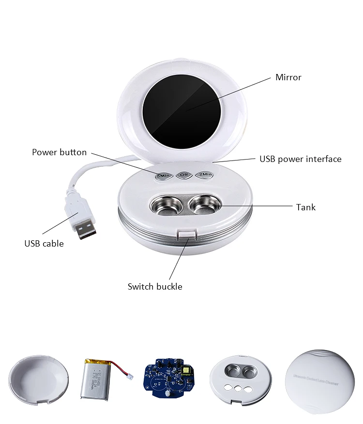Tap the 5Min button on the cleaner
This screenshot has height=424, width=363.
click(162, 175)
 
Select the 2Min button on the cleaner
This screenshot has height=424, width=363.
click(205, 175)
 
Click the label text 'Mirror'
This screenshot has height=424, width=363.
click(288, 77)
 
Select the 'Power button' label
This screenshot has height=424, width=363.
click(59, 152)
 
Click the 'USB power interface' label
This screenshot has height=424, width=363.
click(300, 159)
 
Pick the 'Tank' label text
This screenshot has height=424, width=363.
click(305, 207)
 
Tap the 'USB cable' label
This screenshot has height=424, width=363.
click(44, 244)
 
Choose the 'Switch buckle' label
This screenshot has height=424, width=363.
click(155, 287)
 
